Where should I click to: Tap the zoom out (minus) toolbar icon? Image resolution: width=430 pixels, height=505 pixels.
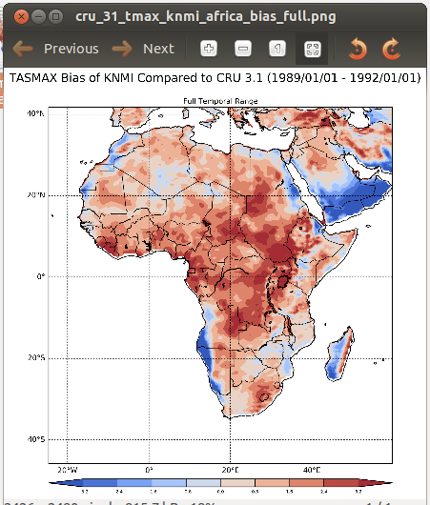243,49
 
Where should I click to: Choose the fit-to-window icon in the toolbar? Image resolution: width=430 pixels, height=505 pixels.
311,49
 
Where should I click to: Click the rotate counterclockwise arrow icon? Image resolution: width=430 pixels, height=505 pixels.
358,49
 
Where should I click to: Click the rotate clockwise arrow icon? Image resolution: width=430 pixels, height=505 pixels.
391,49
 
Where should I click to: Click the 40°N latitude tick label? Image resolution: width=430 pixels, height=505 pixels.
34,113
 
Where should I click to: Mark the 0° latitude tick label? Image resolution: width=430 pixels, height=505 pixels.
40,276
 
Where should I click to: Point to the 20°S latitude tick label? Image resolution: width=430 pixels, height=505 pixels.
34,358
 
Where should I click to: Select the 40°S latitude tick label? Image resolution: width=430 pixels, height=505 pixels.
34,439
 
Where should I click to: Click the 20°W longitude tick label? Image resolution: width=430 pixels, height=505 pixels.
68,470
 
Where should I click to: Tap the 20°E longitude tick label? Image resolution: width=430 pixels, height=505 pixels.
230,470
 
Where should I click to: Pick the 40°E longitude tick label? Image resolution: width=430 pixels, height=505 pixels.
312,470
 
